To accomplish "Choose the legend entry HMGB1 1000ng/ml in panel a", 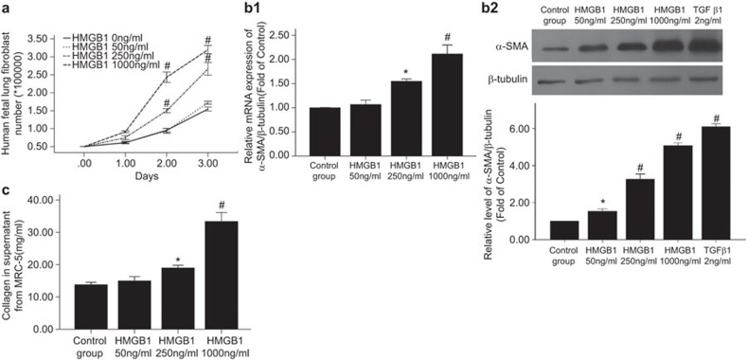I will point(88,63).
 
